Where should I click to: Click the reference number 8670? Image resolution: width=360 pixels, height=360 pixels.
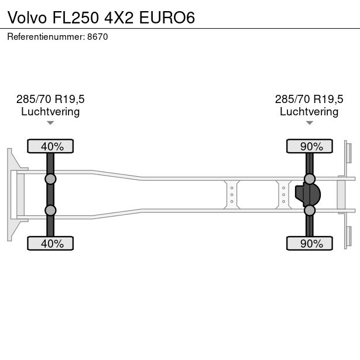97,36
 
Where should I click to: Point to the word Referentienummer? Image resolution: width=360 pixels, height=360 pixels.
46,36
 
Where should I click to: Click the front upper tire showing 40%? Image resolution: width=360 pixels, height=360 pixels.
51,146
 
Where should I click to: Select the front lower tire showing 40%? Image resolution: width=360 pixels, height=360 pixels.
51,244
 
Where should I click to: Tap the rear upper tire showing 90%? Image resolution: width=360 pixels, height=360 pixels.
310,146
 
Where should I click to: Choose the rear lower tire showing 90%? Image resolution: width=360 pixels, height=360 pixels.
310,244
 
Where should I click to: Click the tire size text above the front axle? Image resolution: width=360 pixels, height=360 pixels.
50,99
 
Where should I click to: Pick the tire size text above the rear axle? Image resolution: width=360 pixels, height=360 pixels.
309,99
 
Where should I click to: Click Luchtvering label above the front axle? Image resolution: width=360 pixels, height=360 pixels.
50,112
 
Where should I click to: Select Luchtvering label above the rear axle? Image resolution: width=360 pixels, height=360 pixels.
309,112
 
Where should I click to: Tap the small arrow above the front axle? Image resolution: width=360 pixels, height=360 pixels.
50,123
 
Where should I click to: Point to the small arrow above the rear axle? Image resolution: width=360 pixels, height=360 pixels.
309,123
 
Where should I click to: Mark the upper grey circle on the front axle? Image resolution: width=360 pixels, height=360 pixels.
50,179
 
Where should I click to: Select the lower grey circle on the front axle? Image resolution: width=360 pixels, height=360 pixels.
50,210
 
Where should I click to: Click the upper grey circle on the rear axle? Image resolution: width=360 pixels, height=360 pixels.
310,179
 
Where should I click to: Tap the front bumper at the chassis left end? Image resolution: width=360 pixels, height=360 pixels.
11,194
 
